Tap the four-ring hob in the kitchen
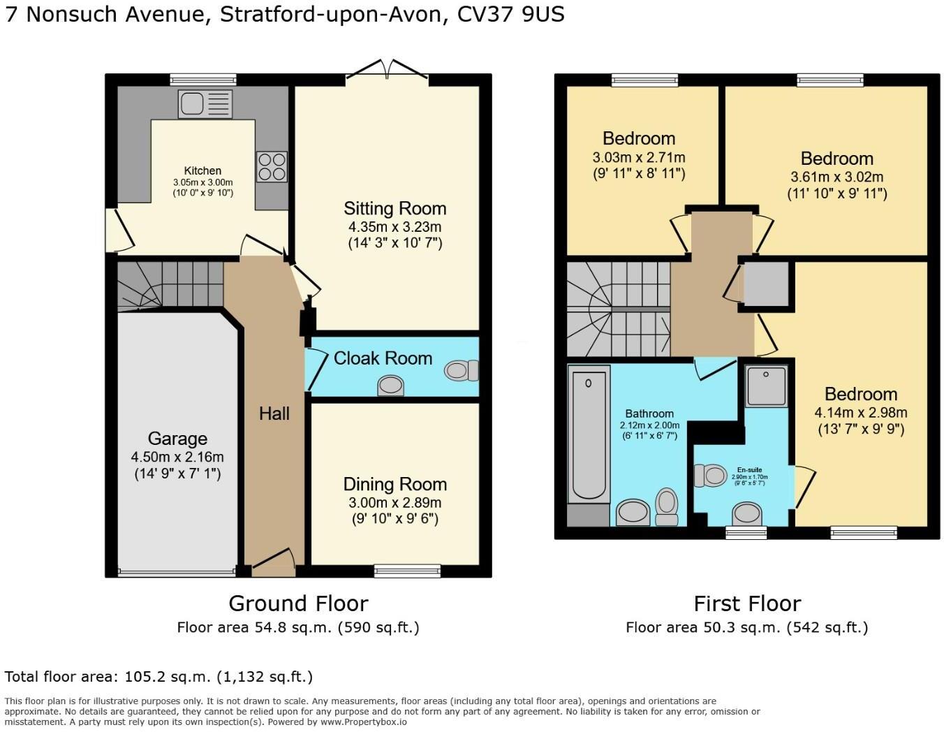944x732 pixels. [x=272, y=166]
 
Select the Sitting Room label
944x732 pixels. [x=394, y=208]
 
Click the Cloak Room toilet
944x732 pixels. [x=461, y=370]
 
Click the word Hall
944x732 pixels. [x=274, y=413]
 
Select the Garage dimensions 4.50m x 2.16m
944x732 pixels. [x=177, y=457]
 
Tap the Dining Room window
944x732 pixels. [x=408, y=571]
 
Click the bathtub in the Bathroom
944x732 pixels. [x=588, y=433]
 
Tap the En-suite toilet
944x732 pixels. [x=711, y=476]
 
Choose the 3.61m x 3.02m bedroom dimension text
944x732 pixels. [x=836, y=177]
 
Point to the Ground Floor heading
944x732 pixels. [x=298, y=603]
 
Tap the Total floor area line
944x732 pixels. [x=158, y=676]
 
